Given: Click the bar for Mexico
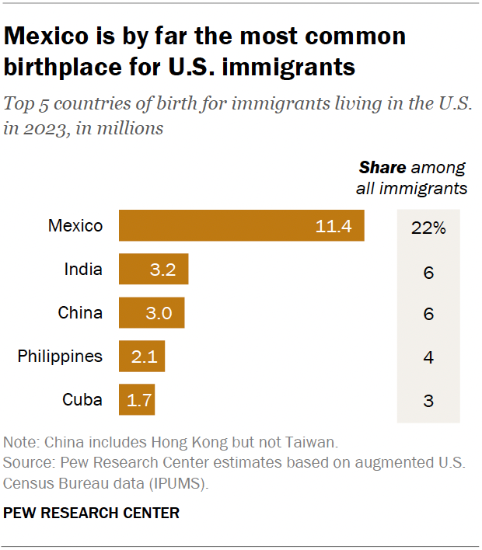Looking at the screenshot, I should click(x=241, y=226).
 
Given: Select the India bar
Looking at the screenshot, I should click(x=153, y=270).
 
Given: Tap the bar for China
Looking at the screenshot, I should click(x=151, y=313).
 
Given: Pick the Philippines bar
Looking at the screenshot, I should click(x=141, y=357).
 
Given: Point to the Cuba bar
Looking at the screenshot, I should click(x=136, y=400).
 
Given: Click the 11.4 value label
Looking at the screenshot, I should click(x=334, y=227).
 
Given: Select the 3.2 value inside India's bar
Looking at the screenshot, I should click(x=164, y=270).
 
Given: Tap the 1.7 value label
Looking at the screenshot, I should click(x=141, y=401).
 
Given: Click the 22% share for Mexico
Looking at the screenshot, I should click(x=428, y=228).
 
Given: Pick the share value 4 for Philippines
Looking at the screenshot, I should click(x=428, y=358).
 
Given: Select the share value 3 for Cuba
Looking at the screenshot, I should click(x=428, y=402).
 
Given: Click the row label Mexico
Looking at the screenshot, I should click(x=75, y=226).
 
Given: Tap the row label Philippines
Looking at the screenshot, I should click(x=60, y=357).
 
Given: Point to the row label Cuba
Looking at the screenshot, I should click(x=82, y=400).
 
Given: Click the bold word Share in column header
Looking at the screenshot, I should click(x=382, y=168).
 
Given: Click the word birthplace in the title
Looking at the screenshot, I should click(x=63, y=67).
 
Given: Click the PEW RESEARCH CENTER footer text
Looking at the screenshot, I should click(x=92, y=513).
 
